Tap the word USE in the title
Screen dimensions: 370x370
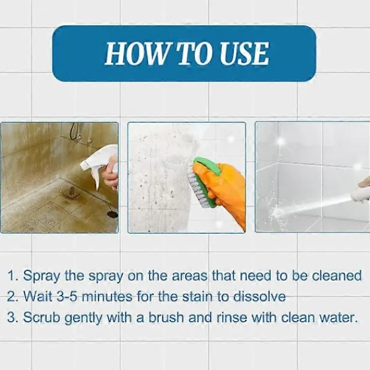point(244,54)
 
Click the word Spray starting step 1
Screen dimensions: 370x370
point(41,276)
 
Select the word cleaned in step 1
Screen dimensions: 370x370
point(337,276)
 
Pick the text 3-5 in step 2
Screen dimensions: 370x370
point(67,297)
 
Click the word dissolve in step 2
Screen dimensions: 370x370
point(260,297)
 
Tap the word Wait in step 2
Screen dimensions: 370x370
point(38,297)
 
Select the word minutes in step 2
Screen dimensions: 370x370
point(107,297)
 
